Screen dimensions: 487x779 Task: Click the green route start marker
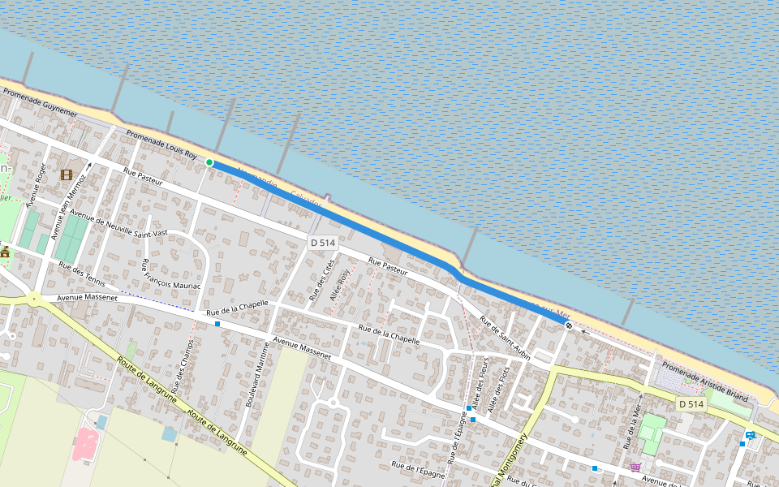click(x=209, y=162)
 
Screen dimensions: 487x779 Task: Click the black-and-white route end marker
click(x=570, y=325)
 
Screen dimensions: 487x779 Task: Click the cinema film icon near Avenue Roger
click(x=66, y=175)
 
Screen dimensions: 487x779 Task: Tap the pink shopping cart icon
click(x=635, y=467)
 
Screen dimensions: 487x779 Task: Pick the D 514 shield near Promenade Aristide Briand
click(x=691, y=404)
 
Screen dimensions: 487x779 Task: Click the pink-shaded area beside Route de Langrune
click(x=86, y=443)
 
